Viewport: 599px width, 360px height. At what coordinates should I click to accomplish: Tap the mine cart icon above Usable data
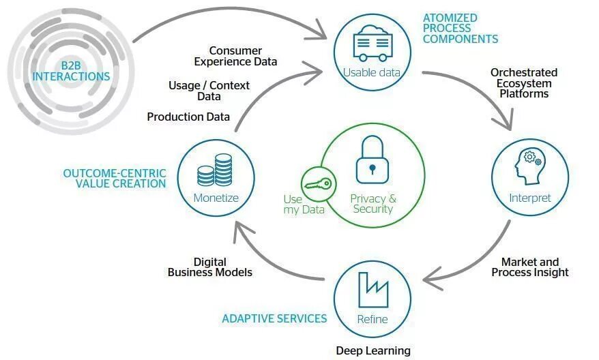[371, 45]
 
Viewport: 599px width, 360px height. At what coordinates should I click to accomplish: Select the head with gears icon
[529, 166]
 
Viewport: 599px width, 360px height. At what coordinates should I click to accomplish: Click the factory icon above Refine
[372, 290]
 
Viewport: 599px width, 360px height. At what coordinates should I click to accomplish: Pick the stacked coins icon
[216, 170]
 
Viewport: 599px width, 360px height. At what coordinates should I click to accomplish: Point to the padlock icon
[372, 158]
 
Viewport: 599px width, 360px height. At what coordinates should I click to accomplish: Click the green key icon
[317, 183]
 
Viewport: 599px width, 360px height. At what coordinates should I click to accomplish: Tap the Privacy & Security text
[372, 204]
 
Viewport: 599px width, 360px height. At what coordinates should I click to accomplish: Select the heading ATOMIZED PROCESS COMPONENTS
[460, 29]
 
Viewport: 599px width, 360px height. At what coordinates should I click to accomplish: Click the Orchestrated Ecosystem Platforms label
[523, 83]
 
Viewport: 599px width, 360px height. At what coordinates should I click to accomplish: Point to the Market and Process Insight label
[530, 267]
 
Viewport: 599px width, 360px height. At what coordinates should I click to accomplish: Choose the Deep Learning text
[373, 350]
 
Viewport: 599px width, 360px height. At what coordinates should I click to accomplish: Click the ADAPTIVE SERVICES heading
[274, 318]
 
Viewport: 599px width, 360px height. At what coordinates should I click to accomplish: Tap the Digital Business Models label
[210, 267]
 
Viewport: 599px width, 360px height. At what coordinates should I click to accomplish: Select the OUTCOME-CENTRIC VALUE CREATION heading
[115, 179]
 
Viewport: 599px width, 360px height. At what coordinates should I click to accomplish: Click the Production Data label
[188, 117]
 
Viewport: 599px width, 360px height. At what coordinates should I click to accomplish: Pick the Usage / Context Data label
[209, 91]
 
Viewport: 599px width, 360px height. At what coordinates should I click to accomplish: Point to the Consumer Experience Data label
[235, 56]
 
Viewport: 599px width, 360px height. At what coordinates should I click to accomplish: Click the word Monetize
[216, 198]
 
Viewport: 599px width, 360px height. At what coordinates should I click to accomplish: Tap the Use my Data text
[304, 205]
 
